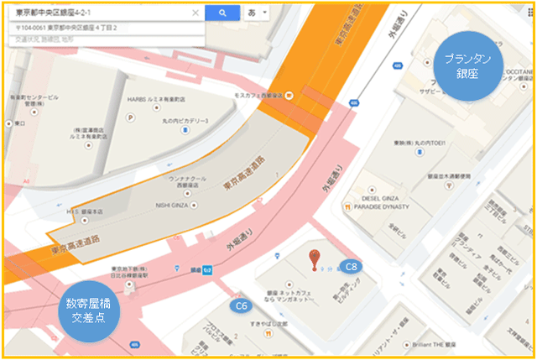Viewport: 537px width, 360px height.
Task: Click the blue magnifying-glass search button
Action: tap(222, 13)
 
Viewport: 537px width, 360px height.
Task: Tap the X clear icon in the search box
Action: tap(196, 13)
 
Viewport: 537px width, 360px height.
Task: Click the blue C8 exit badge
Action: tap(353, 265)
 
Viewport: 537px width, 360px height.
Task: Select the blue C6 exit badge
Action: tap(242, 305)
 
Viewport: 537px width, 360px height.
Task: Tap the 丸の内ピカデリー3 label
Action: tap(189, 122)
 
